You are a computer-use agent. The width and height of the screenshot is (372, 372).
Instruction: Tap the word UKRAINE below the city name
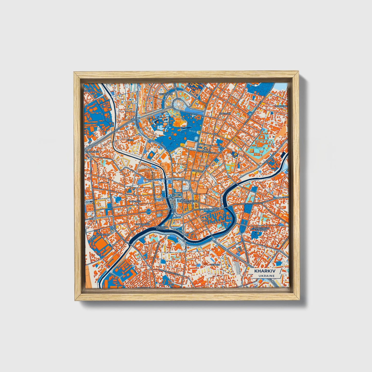point(264,276)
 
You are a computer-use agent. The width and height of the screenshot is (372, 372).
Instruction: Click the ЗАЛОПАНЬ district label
point(135,201)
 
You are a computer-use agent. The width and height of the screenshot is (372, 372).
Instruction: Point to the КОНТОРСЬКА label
point(142,224)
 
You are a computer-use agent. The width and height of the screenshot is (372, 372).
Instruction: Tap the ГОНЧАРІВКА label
point(103,235)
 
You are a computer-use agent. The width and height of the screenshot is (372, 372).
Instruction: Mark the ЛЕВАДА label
point(215,264)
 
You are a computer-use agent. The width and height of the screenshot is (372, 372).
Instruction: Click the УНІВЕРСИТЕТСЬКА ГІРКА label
point(187,202)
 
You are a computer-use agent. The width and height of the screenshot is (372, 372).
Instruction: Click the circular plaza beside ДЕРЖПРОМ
point(178,105)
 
